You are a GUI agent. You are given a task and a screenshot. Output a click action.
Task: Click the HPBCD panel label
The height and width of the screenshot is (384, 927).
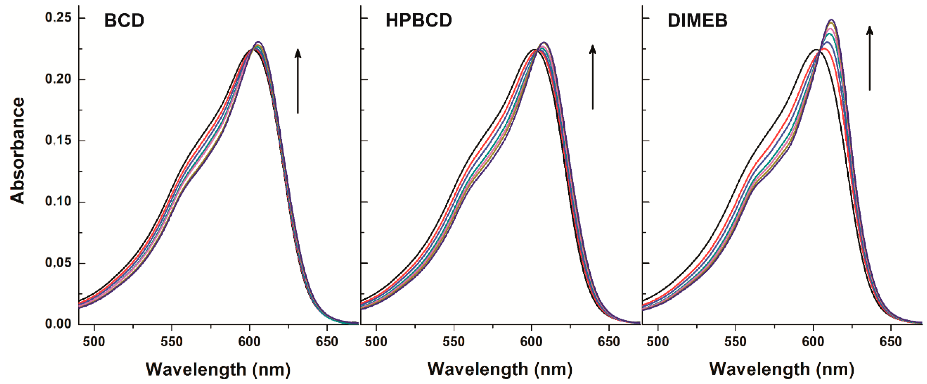pos(419,21)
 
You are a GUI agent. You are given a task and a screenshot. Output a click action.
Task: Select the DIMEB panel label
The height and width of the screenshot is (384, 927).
pos(697,21)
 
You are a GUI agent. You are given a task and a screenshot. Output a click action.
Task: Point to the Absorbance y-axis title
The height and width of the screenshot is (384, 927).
pos(17,150)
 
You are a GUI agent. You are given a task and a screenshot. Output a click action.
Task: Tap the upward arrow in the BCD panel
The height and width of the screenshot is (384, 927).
pos(298,81)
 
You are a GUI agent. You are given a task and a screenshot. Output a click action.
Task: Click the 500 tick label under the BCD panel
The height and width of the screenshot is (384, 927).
pos(94,341)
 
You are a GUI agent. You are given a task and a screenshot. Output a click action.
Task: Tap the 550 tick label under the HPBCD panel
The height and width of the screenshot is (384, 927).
pos(454,341)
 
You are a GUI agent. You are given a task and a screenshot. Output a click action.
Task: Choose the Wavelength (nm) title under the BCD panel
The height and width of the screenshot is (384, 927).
pos(218,369)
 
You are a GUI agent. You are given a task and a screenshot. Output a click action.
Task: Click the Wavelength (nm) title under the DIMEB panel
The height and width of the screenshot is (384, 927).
pos(782,369)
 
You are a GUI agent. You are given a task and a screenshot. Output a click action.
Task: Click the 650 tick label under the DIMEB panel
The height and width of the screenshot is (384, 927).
pos(891,341)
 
